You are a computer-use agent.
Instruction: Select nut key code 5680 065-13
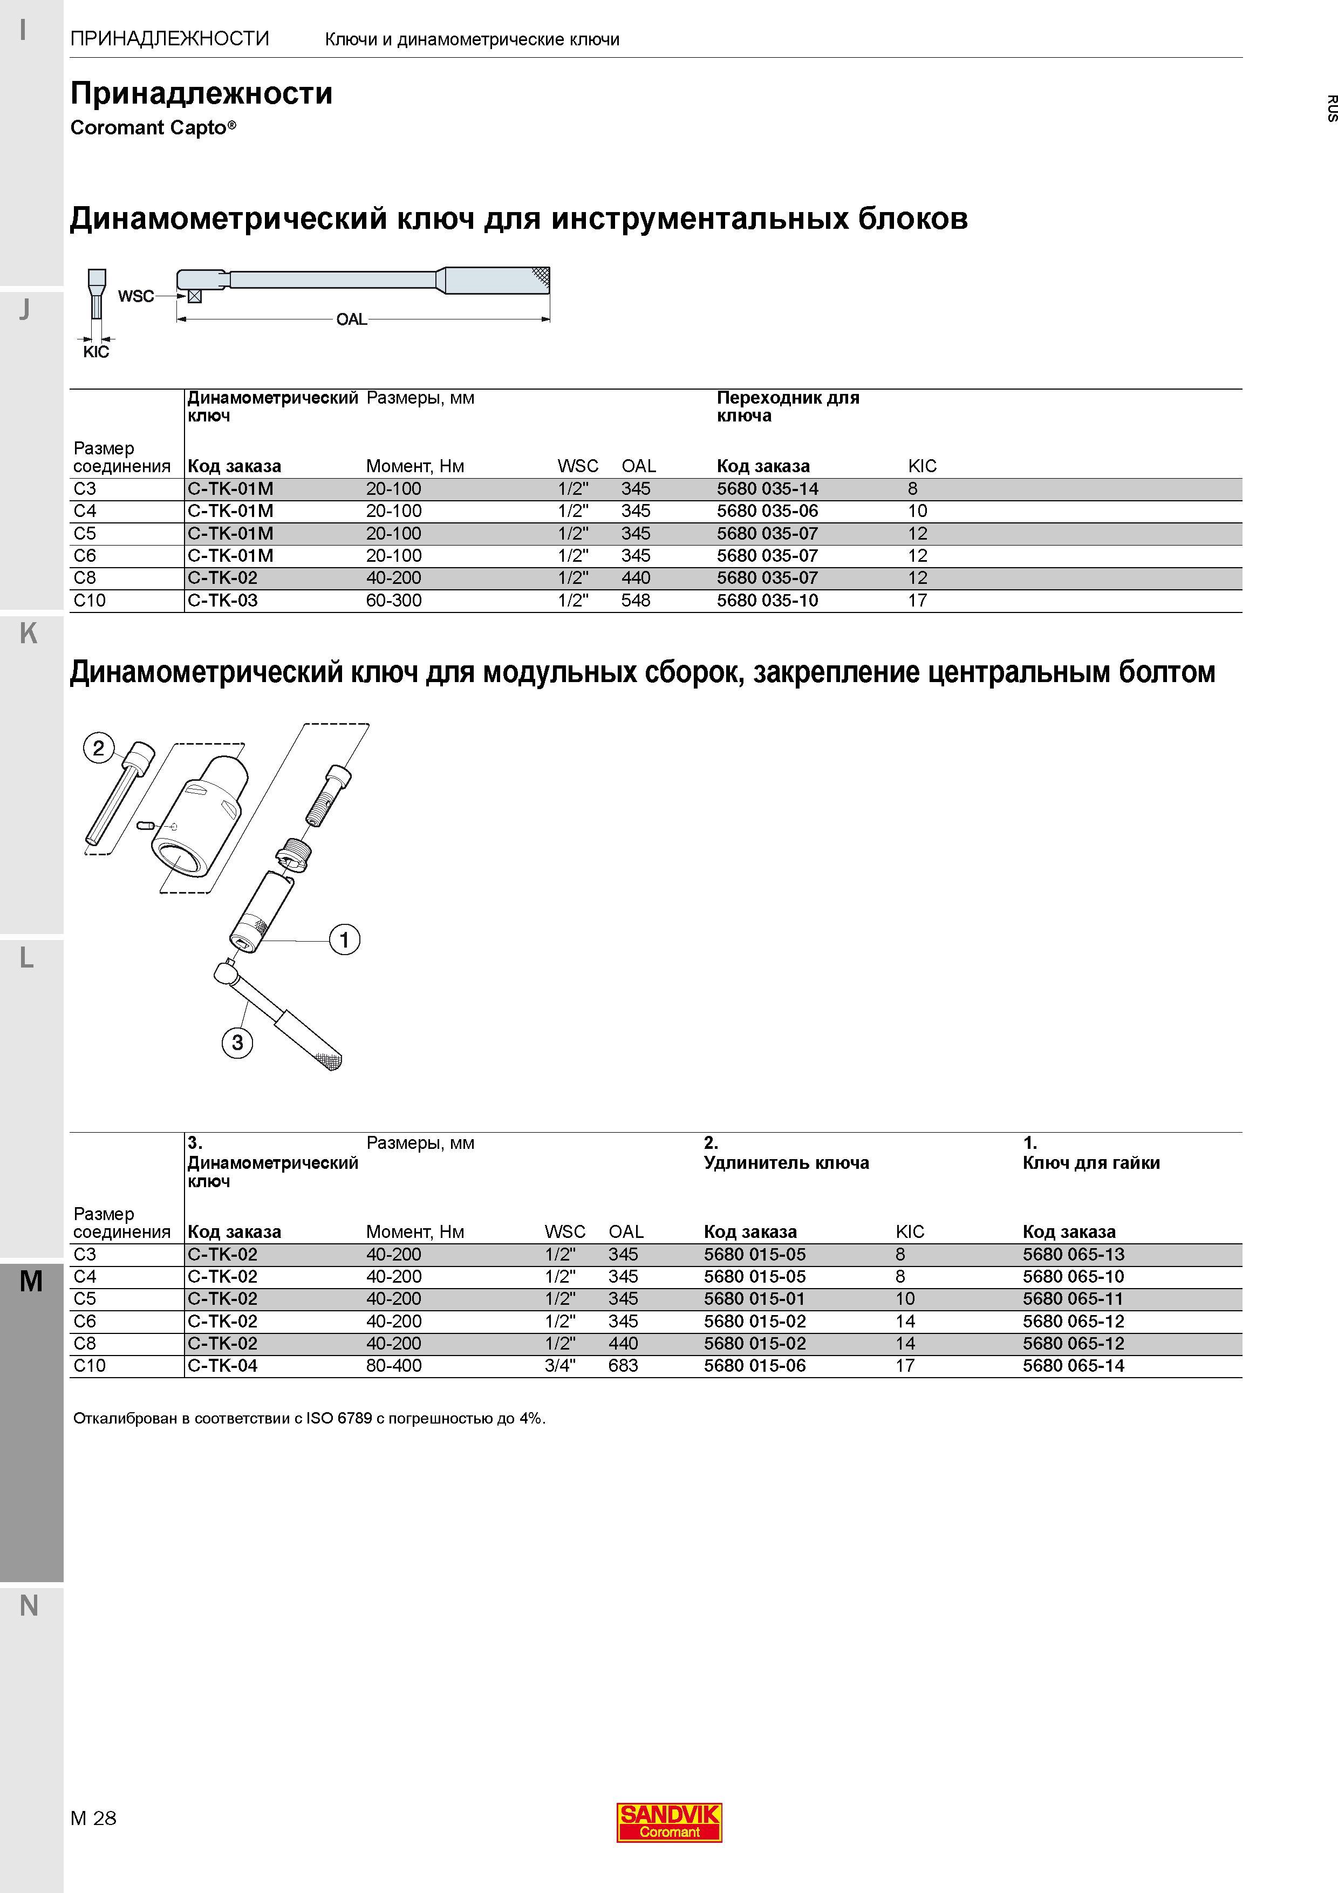coord(1074,1255)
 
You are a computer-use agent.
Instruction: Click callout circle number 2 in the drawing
coord(99,748)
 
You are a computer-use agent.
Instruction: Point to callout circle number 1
coord(345,939)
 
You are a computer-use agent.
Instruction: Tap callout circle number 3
coord(237,1042)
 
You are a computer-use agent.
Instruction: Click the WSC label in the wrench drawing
coord(136,296)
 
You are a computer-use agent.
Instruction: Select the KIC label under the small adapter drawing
coord(97,352)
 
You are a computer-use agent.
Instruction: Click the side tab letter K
coord(28,633)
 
